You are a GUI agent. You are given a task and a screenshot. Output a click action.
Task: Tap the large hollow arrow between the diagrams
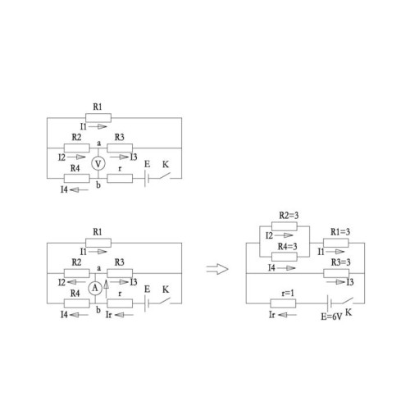click(x=217, y=269)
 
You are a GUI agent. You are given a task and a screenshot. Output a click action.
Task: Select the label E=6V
click(x=331, y=317)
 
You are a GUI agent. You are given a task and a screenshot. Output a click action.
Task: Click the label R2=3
click(x=289, y=216)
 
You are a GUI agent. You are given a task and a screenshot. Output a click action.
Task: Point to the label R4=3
click(x=287, y=247)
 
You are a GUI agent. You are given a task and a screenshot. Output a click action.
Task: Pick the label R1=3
click(x=340, y=232)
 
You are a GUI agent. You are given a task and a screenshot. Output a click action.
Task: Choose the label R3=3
click(x=340, y=262)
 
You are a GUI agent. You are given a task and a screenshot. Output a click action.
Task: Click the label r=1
click(x=288, y=294)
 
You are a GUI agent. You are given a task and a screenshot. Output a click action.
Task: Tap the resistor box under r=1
click(x=283, y=303)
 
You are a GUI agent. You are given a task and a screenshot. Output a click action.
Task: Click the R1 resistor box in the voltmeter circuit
click(x=98, y=118)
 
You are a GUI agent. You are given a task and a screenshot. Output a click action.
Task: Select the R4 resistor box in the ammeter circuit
click(x=77, y=303)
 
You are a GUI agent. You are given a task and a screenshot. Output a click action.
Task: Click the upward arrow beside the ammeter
click(x=106, y=289)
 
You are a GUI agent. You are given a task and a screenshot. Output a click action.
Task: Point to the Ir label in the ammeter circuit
click(x=108, y=315)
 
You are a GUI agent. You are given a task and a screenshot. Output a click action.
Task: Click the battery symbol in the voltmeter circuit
click(x=147, y=179)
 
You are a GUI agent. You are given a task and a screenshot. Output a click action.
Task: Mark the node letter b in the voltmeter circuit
click(x=98, y=185)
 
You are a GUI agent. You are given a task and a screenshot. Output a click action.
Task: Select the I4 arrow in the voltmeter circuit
click(x=80, y=189)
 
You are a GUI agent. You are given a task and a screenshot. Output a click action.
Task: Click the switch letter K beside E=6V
click(x=348, y=312)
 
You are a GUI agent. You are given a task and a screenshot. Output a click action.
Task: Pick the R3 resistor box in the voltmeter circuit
click(x=120, y=148)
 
